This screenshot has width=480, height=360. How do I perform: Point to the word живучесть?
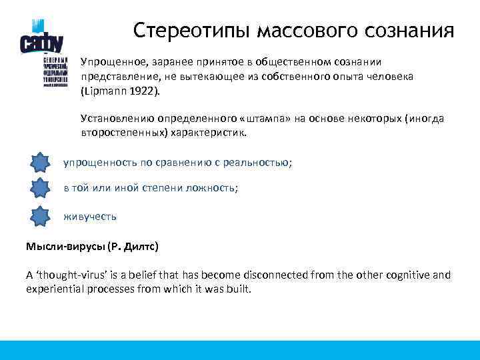pos(89,217)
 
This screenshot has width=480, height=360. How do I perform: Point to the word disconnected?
pos(281,275)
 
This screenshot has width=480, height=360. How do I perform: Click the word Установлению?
pos(114,118)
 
